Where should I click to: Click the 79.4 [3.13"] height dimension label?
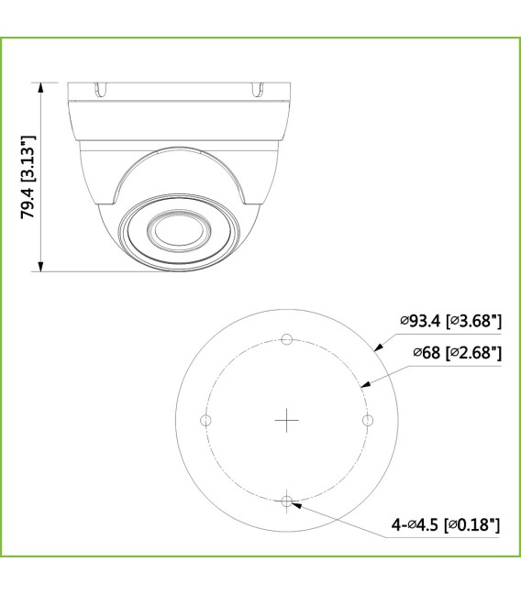30,175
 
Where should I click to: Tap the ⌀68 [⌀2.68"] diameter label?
456,353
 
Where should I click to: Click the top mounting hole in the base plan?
287,339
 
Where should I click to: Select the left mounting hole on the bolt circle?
205,420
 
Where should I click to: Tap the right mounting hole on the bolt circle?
368,420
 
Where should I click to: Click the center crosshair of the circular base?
287,420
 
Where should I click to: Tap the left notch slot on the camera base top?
95,90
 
